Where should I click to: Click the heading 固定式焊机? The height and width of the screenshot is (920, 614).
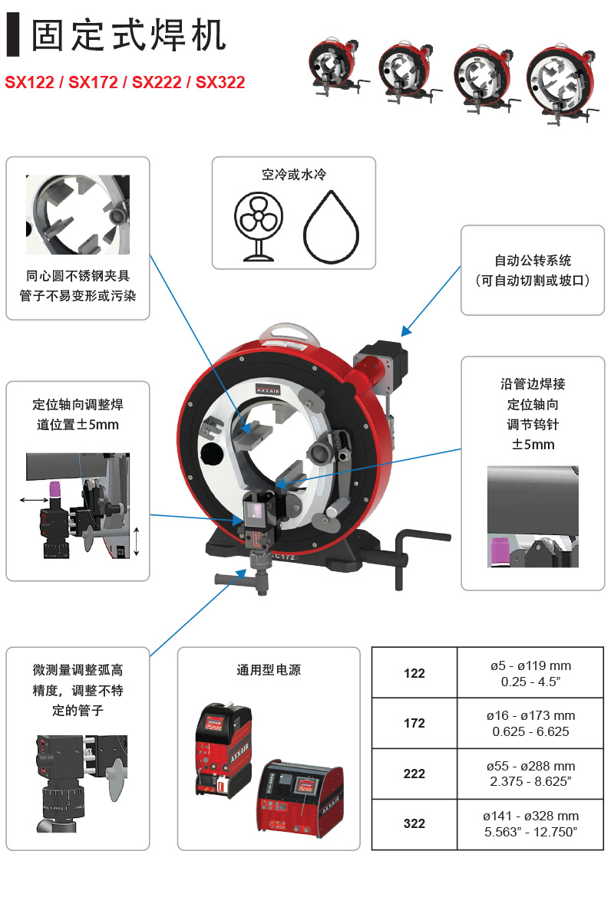[x=128, y=35]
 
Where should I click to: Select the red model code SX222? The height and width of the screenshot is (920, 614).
[x=157, y=83]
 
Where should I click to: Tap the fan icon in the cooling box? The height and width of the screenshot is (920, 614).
[x=259, y=226]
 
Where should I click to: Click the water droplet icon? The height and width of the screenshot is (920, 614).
[x=331, y=227]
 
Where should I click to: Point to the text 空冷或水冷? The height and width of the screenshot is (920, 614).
[x=294, y=175]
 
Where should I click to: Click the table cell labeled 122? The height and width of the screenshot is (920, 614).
[x=414, y=673]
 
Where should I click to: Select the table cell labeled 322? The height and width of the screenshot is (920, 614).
[x=414, y=823]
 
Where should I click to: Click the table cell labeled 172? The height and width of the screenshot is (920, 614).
[x=414, y=723]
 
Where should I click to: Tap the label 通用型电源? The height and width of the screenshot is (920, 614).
[x=269, y=670]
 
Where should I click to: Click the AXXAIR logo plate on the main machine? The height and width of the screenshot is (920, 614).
[x=268, y=389]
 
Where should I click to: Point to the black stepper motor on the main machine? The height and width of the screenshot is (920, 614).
[x=381, y=362]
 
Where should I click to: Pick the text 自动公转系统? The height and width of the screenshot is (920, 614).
[x=533, y=261]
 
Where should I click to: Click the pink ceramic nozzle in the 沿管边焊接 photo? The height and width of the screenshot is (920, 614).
[x=500, y=552]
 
